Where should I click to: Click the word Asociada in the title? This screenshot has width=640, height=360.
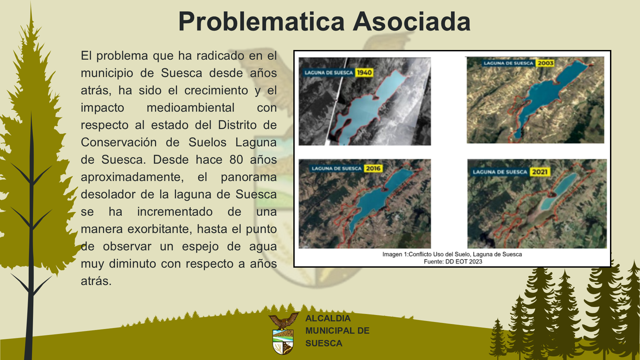tap(412, 22)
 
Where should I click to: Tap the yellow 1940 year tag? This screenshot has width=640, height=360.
tap(364, 73)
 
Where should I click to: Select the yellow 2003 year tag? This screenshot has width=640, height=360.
tap(545, 63)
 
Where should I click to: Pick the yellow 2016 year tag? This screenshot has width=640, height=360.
tap(373, 168)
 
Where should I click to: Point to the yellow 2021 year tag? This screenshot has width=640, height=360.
tap(540, 172)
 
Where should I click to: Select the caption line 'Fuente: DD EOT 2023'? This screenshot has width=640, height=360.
tap(453, 262)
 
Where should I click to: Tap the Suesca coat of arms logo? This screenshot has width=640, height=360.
tap(283, 333)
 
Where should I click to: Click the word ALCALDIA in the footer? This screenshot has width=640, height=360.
tap(328, 318)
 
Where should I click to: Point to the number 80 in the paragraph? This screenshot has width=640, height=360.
tap(236, 160)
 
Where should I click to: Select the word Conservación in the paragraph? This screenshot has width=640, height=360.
tap(119, 142)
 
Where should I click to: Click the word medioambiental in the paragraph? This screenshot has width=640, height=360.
tap(191, 108)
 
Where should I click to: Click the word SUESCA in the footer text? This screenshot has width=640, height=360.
tap(324, 343)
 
